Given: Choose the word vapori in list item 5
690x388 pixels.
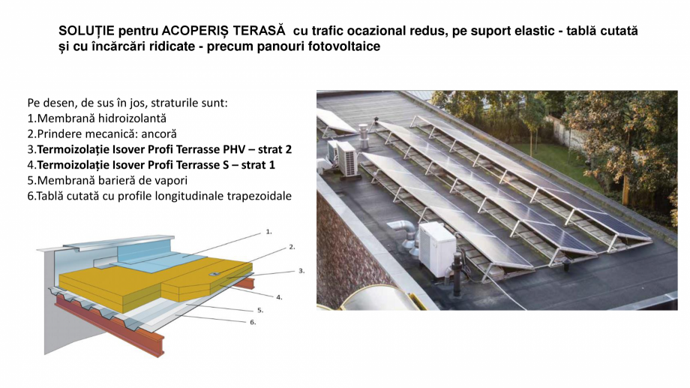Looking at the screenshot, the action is point(171,181).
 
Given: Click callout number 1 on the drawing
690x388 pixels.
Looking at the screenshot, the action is point(268,232).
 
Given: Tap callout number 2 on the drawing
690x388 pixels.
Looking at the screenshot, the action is point(292,247).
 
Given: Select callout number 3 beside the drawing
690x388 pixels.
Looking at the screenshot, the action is point(301,271).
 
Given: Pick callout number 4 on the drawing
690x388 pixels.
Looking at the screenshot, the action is point(279,297).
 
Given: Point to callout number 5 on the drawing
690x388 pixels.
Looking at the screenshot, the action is point(260,310).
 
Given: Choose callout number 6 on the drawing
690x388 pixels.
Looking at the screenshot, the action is point(253,322).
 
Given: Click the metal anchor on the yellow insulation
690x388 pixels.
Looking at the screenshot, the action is point(214,274).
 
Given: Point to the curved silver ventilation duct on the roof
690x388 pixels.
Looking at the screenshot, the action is point(403,234).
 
